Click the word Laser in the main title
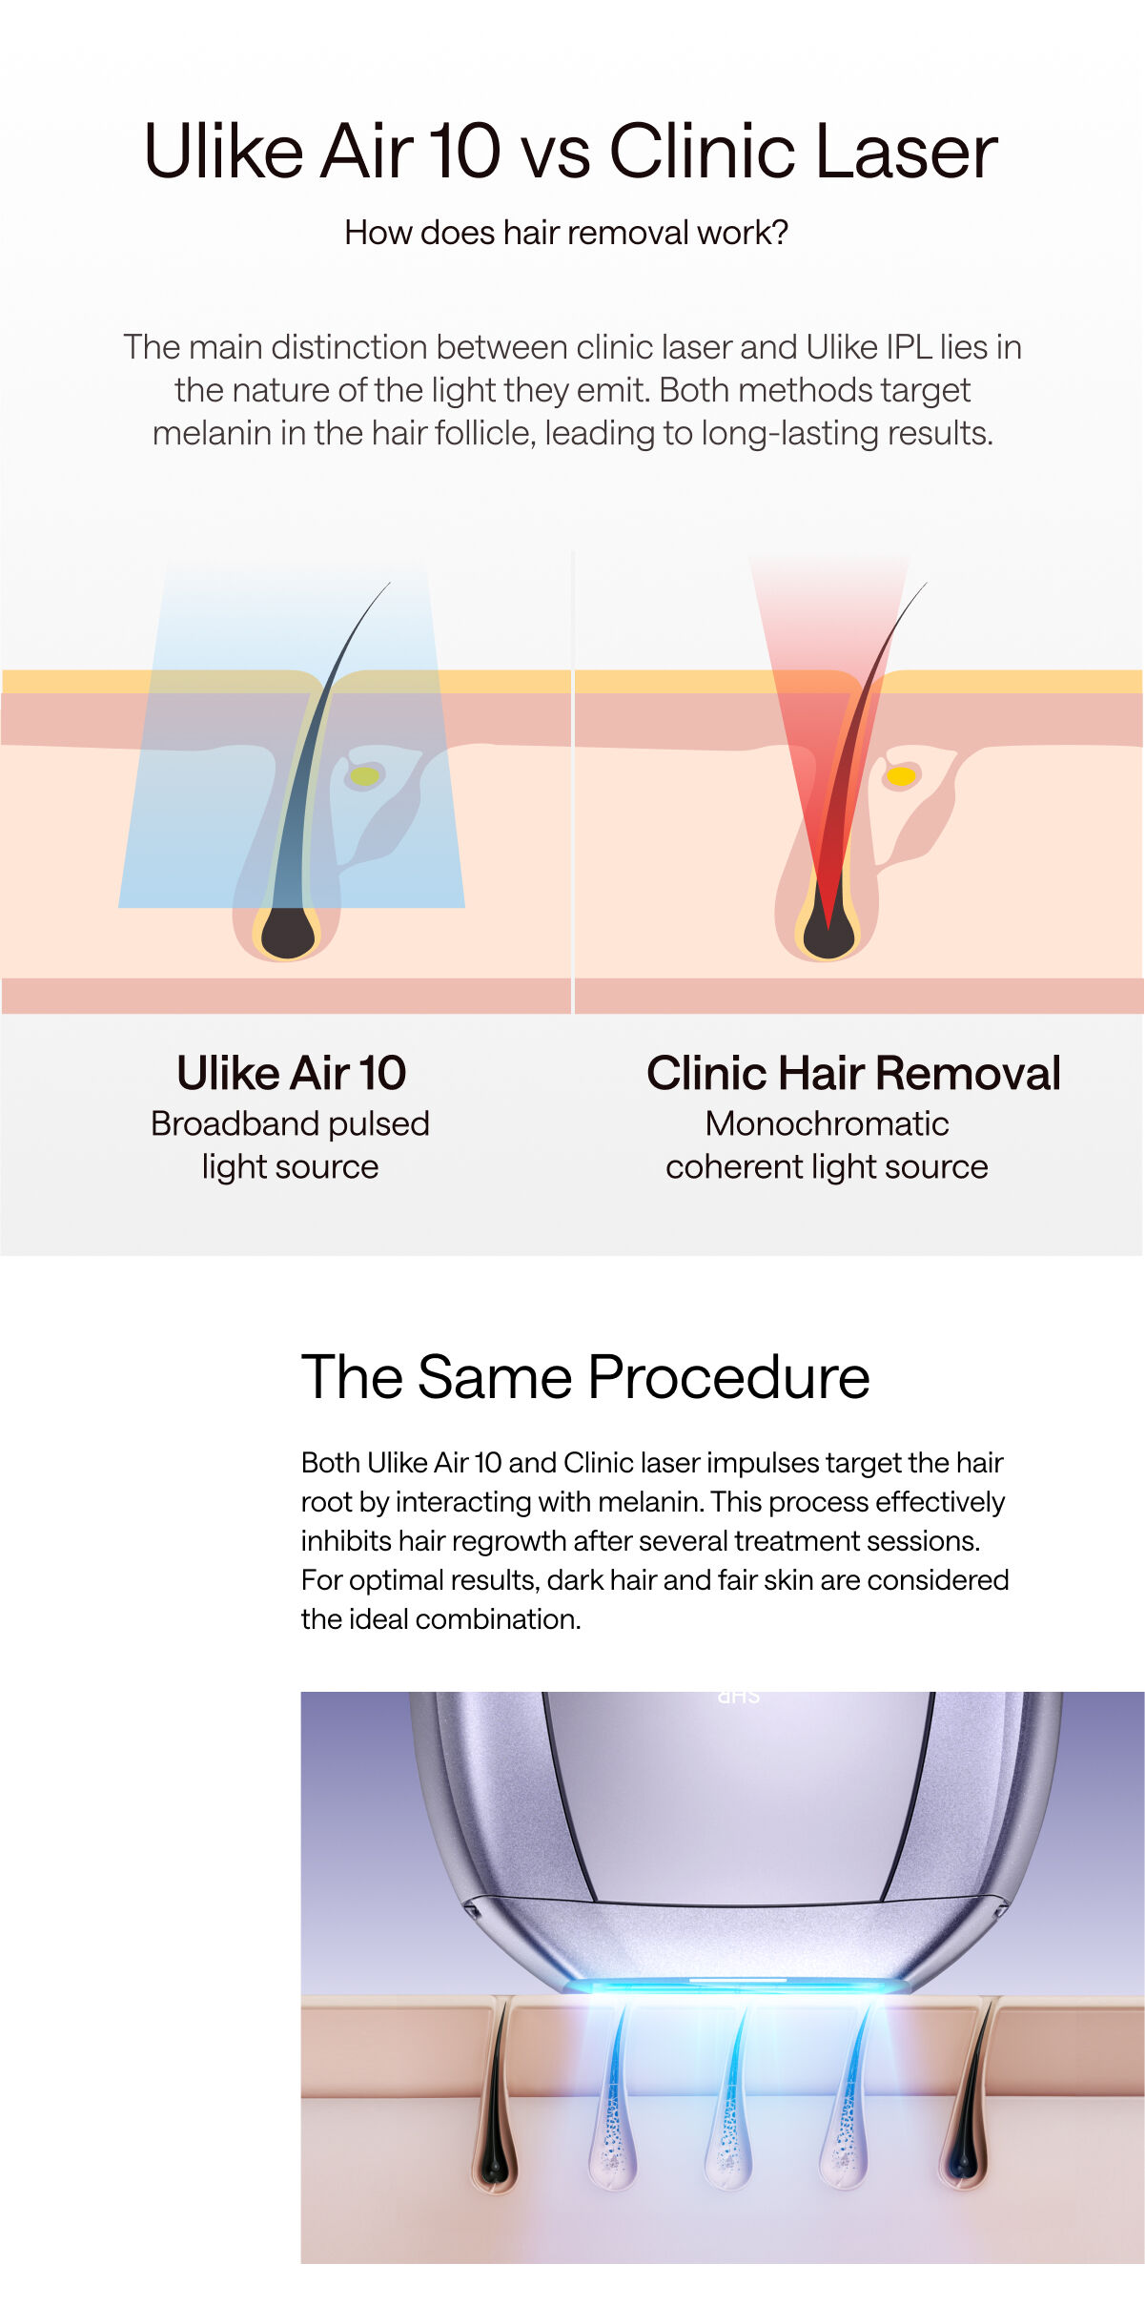pyautogui.click(x=907, y=152)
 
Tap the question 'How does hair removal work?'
pyautogui.click(x=566, y=233)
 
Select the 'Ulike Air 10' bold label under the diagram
pyautogui.click(x=292, y=1073)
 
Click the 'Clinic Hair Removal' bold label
pyautogui.click(x=853, y=1073)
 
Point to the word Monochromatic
pyautogui.click(x=827, y=1123)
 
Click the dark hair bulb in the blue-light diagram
pyautogui.click(x=288, y=932)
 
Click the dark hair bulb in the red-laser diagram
pyautogui.click(x=828, y=932)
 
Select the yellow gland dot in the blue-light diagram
pyautogui.click(x=364, y=776)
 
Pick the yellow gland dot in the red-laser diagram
pyautogui.click(x=901, y=776)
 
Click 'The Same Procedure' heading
pyautogui.click(x=585, y=1377)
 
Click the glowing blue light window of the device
pyautogui.click(x=736, y=1986)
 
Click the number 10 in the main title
pyautogui.click(x=464, y=152)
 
